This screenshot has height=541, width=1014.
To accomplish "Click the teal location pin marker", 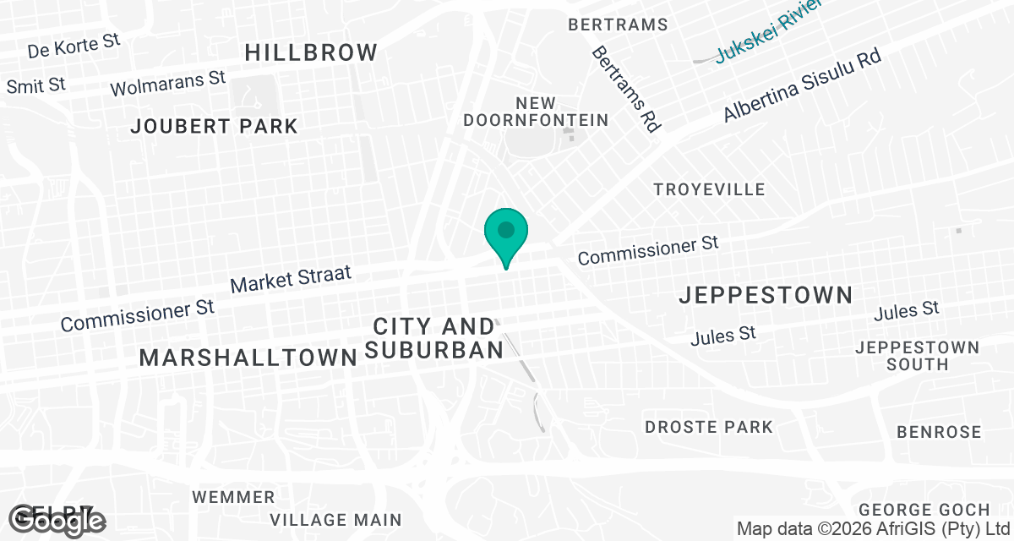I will [x=506, y=232].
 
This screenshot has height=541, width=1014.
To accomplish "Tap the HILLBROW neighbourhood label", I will [x=311, y=52].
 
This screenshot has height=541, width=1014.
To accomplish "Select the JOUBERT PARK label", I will [x=215, y=127].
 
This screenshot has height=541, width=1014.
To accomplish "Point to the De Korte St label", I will [x=74, y=46].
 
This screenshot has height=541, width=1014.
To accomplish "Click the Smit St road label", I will [x=35, y=85].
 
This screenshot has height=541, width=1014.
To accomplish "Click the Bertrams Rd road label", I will [x=625, y=89].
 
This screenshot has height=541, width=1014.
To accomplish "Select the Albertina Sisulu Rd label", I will [x=802, y=85].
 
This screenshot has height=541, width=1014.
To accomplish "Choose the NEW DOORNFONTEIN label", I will [x=536, y=112].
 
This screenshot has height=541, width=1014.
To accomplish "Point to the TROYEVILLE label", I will [x=709, y=189].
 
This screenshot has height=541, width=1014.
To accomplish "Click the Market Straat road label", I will [x=290, y=280].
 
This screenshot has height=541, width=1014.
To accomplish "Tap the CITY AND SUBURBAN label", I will [x=433, y=337].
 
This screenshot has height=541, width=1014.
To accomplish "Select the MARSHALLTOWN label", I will [x=248, y=358].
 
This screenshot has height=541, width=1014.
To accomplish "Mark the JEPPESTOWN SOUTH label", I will [x=917, y=356].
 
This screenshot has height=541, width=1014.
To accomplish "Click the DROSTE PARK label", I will [x=709, y=427].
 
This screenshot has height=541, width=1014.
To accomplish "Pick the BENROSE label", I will [x=939, y=432].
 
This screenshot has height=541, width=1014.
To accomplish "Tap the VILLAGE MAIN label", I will [x=336, y=519].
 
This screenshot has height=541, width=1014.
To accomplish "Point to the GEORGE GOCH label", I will [x=924, y=510].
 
